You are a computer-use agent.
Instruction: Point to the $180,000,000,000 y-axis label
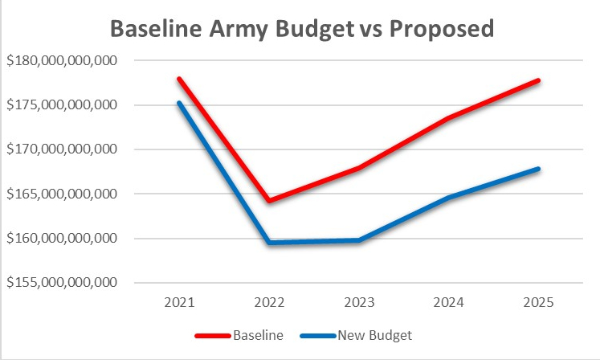click(x=61, y=61)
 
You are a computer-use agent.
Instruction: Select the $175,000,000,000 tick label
click(x=61, y=105)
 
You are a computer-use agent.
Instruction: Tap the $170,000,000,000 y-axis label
click(x=61, y=149)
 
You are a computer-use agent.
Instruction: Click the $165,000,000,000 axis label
click(x=61, y=194)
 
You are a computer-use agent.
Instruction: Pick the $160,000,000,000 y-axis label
click(x=61, y=239)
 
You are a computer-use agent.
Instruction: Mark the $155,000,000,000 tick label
click(x=61, y=283)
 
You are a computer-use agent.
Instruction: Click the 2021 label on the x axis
click(x=179, y=305)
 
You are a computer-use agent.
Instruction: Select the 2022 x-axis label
click(x=269, y=305)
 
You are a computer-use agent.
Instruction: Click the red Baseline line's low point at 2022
click(x=269, y=200)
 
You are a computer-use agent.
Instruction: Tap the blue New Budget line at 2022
click(x=269, y=242)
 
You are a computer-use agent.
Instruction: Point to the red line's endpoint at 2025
click(x=539, y=80)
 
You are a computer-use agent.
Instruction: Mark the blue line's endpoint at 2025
click(x=539, y=169)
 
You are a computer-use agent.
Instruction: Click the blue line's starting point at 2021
click(x=179, y=103)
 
